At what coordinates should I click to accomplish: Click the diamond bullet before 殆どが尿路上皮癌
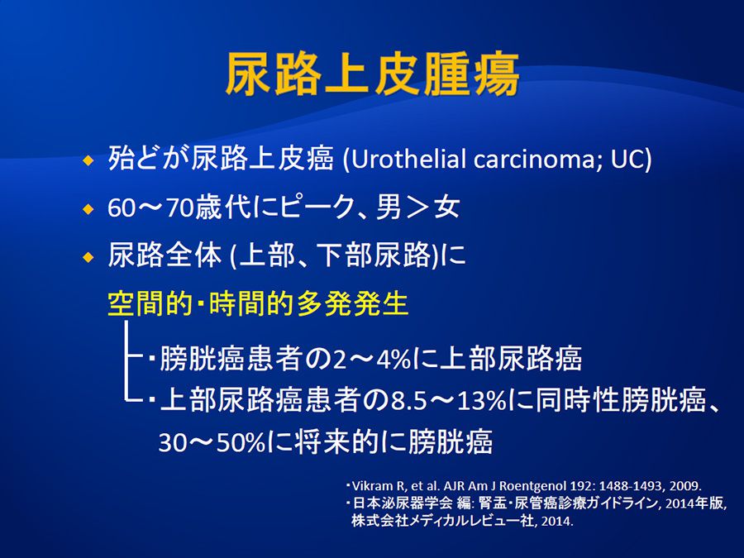click(88, 161)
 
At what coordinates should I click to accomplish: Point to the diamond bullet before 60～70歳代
click(88, 209)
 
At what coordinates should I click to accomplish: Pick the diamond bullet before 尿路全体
click(88, 258)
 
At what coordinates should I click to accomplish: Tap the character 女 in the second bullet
click(446, 207)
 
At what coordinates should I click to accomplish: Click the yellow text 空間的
click(150, 303)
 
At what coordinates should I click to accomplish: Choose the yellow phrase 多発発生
click(352, 303)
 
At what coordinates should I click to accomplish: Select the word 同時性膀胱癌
click(621, 401)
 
